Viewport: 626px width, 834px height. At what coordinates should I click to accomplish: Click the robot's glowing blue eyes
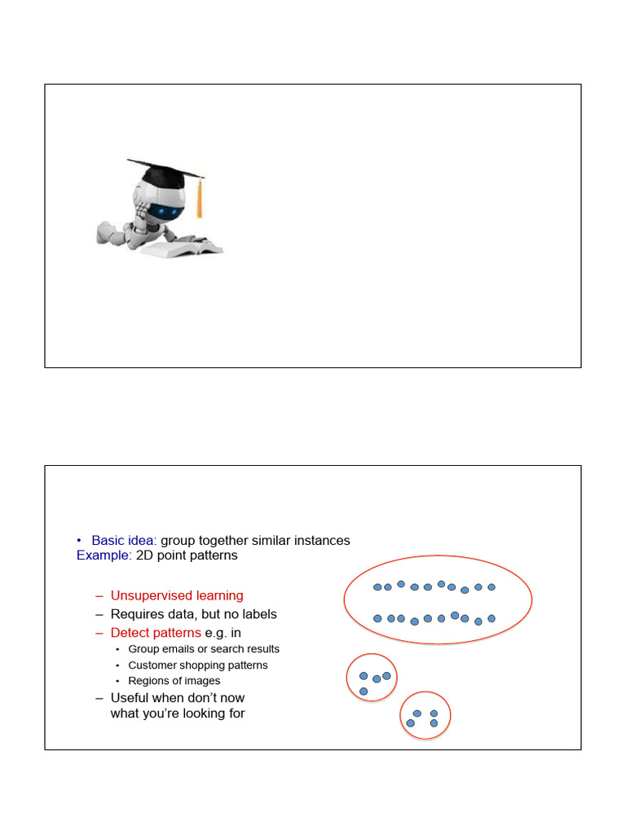(170, 212)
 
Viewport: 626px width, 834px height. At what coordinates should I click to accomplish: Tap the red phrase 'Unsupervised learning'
(177, 595)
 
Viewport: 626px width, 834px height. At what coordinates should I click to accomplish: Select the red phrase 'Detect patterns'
(156, 633)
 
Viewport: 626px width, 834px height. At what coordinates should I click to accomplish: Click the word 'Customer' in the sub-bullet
(152, 665)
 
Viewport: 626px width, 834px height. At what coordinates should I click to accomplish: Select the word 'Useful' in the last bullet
(129, 698)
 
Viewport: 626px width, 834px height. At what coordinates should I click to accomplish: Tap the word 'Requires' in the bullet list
(136, 614)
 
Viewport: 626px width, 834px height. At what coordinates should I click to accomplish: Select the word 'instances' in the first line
(323, 540)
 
